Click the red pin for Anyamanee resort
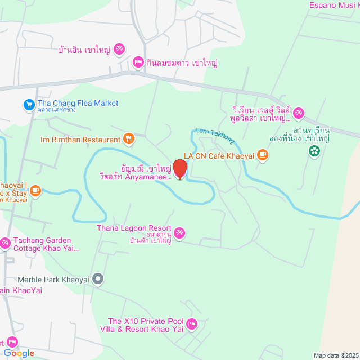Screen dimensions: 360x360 179,169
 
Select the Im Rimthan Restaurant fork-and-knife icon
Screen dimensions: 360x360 129,139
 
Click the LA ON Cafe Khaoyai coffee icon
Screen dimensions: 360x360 262,154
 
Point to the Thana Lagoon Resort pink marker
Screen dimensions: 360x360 179,232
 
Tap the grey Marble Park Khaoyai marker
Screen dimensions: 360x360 98,278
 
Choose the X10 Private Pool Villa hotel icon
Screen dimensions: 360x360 192,324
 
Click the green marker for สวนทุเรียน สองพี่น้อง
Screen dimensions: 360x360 314,150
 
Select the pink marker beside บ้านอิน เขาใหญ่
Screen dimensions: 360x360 119,49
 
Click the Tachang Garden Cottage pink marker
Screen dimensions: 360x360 4,242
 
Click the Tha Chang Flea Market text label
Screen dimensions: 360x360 78,103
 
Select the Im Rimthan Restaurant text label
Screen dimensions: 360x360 81,139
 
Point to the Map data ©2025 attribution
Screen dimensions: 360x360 336,355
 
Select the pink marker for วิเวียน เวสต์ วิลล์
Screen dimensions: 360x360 299,114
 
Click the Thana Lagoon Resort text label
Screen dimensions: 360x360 133,228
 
